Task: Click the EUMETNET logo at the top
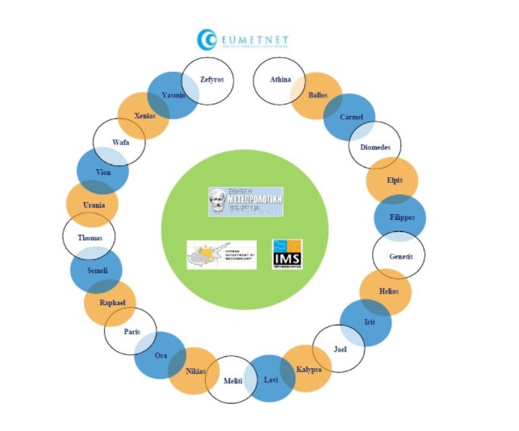[x=243, y=39]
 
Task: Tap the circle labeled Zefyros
[x=211, y=81]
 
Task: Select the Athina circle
[x=279, y=80]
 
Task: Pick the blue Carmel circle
[x=349, y=118]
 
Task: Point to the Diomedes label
[x=375, y=147]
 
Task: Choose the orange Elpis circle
[x=392, y=180]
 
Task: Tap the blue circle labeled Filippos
[x=400, y=218]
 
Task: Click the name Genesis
[x=400, y=256]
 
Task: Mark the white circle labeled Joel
[x=339, y=349]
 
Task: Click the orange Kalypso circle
[x=307, y=369]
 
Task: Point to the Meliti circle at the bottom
[x=232, y=379]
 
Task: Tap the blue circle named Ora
[x=160, y=355]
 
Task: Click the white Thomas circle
[x=89, y=238]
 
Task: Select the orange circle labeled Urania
[x=92, y=205]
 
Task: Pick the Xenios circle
[x=144, y=116]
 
